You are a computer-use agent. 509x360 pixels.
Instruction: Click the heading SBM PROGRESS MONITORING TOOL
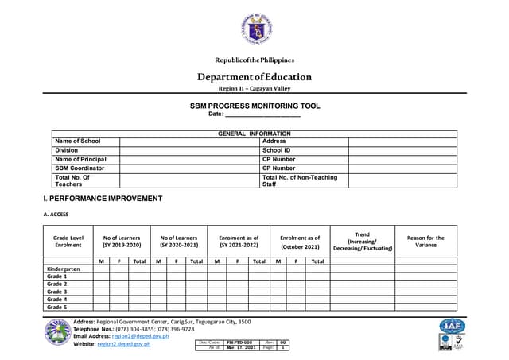[x=254, y=106]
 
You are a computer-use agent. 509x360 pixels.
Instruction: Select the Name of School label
[x=78, y=141]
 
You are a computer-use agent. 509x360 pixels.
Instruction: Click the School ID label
[x=276, y=150]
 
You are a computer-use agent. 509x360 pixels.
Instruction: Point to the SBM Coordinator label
[x=80, y=168]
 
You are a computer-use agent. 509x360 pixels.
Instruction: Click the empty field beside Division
[x=189, y=150]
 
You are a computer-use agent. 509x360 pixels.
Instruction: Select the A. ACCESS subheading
[x=56, y=215]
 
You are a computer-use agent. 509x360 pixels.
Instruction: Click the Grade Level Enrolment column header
[x=68, y=242]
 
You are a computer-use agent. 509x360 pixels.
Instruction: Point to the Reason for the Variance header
[x=425, y=242]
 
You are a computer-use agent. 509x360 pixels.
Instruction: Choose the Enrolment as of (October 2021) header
[x=300, y=242]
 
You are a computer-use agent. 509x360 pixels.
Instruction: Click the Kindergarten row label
[x=64, y=269]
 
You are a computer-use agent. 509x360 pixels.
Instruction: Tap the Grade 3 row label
[x=56, y=292]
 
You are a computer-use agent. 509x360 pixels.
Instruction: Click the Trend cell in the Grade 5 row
[x=362, y=307]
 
